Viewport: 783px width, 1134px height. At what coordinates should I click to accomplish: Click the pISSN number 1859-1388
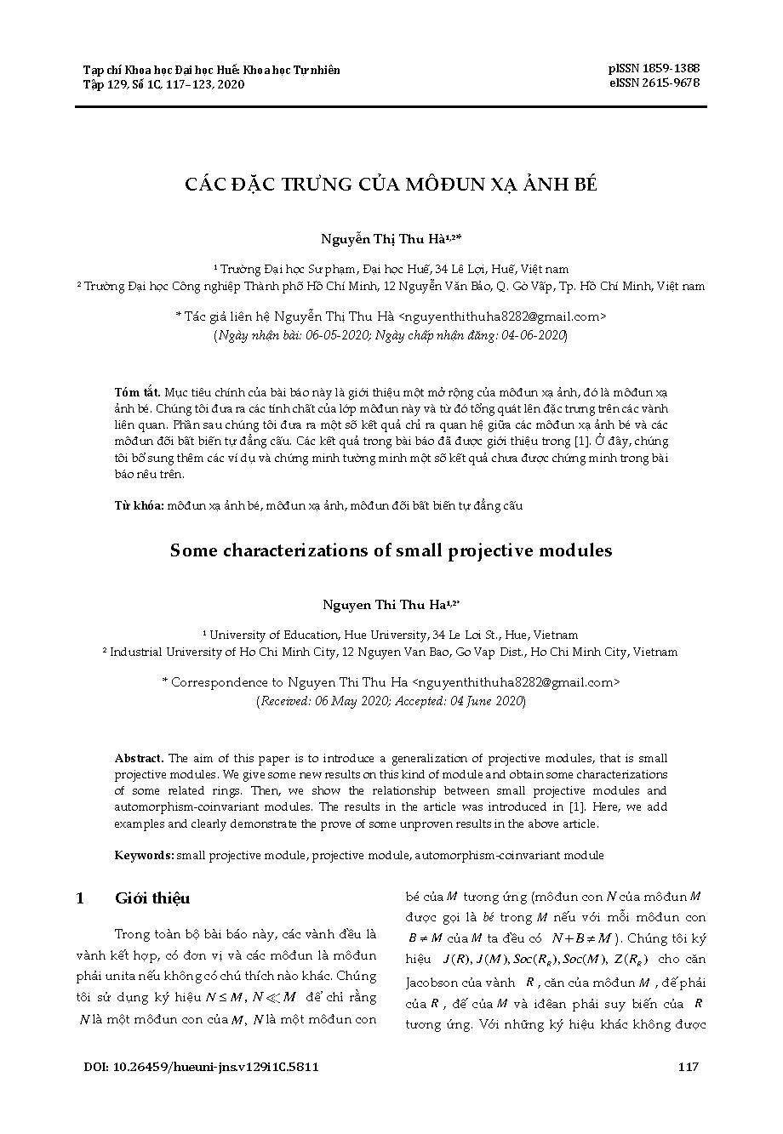(x=672, y=68)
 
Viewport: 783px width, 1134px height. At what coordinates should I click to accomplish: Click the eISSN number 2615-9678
(x=672, y=83)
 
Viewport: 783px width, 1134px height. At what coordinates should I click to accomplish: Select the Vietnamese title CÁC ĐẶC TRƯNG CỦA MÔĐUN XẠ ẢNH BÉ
(x=391, y=185)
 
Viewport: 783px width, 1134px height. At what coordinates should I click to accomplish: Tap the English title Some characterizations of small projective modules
(x=391, y=550)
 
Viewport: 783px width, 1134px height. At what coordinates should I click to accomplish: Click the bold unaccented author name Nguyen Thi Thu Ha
(x=385, y=605)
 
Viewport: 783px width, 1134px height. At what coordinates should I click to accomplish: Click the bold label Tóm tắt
(x=137, y=393)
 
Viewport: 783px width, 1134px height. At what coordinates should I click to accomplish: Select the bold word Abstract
(x=140, y=759)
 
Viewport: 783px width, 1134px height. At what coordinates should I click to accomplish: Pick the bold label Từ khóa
(x=140, y=506)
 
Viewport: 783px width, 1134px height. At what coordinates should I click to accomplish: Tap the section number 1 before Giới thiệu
(x=80, y=899)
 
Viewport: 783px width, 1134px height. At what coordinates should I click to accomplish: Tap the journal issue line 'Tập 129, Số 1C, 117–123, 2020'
(x=163, y=84)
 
